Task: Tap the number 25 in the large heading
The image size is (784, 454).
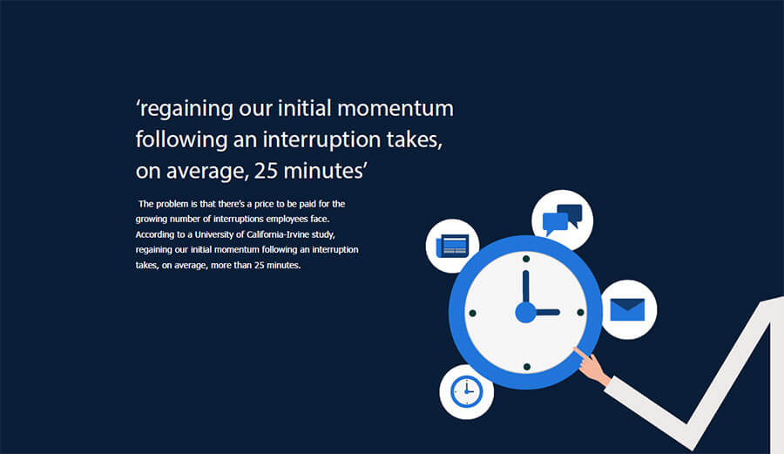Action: (x=267, y=170)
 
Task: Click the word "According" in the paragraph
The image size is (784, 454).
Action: (x=156, y=235)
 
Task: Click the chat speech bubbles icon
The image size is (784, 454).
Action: (x=562, y=220)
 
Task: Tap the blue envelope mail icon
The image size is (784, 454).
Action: (x=628, y=309)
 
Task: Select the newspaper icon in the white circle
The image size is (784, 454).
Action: (x=452, y=246)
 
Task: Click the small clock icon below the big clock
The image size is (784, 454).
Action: (x=466, y=391)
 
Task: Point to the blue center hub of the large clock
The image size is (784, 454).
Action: (x=525, y=312)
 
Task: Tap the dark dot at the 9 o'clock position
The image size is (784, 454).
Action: (x=472, y=312)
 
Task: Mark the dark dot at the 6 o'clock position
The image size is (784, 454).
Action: (x=525, y=366)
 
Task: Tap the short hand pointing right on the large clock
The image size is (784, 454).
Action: (x=547, y=312)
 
